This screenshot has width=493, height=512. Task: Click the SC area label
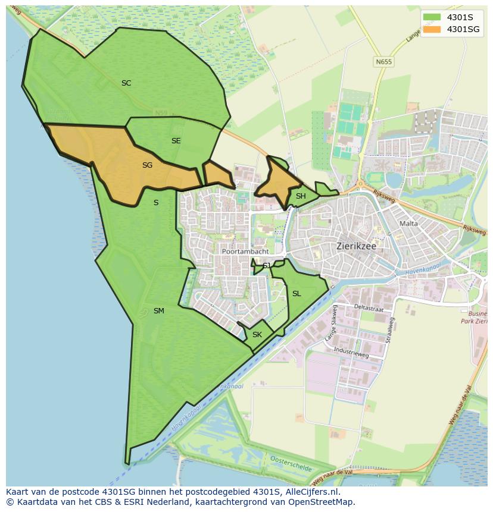coord(126,83)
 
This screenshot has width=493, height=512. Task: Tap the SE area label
coord(176,141)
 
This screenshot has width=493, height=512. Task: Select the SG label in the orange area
coord(147,165)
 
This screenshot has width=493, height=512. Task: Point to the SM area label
coord(158,311)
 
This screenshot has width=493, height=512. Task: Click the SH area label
coord(301,196)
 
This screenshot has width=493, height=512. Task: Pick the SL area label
coord(297,294)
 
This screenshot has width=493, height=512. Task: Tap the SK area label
coord(257,335)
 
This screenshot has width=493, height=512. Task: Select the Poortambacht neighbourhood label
coord(245,252)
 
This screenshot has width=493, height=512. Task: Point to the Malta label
coord(409,224)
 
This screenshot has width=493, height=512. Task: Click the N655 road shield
coord(384,61)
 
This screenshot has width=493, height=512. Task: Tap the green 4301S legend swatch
coord(432,17)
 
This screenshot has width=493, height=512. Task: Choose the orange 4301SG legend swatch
coord(432,29)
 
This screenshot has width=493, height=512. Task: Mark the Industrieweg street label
coord(351,352)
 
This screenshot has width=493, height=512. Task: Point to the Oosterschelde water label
coord(291,464)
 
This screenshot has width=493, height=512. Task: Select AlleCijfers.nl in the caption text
coord(310,492)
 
